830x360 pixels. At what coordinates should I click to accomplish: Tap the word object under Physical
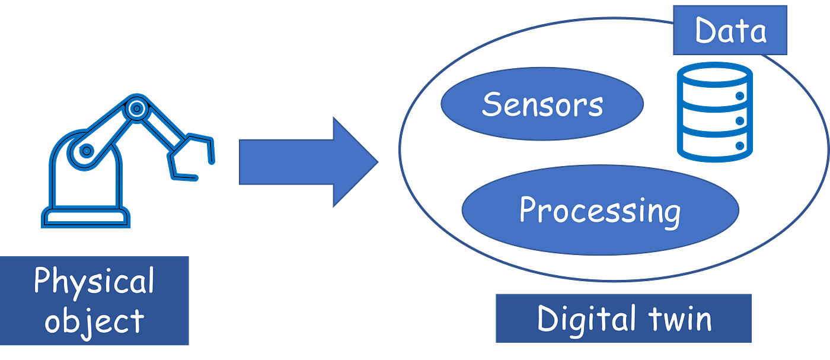(x=94, y=320)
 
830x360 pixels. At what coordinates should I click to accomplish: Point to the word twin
(x=678, y=319)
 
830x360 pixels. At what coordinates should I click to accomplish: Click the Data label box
(x=730, y=31)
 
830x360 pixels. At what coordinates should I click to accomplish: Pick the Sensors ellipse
(x=542, y=104)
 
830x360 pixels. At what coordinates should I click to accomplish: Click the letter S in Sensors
(x=492, y=104)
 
